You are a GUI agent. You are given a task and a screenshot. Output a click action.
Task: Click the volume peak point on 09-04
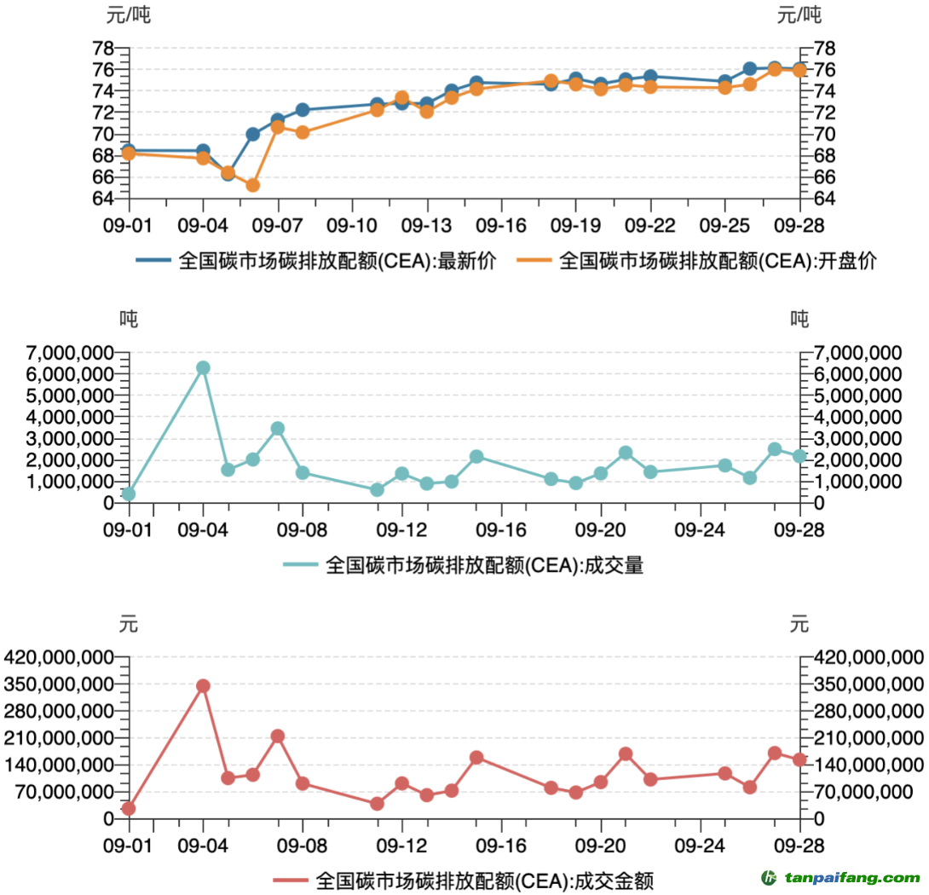click(203, 368)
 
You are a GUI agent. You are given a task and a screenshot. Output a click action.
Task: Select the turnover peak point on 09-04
click(203, 686)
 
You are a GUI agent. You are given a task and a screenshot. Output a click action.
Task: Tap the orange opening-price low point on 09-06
click(252, 185)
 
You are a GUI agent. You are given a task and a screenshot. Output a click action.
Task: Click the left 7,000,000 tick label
click(59, 353)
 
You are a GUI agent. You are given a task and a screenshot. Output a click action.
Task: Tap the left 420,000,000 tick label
click(59, 657)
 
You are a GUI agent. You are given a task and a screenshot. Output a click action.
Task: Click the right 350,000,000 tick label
click(868, 684)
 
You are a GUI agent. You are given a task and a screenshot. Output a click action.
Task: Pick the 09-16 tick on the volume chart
click(501, 529)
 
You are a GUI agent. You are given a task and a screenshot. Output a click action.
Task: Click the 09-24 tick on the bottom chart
click(700, 845)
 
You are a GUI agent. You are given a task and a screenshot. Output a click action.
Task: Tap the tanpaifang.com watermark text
click(852, 878)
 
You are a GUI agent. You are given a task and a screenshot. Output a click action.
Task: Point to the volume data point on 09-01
click(129, 494)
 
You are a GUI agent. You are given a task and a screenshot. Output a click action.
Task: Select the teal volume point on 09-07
click(277, 429)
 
